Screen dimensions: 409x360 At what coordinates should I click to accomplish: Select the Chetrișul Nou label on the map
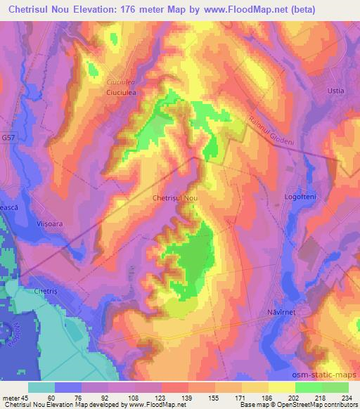175,198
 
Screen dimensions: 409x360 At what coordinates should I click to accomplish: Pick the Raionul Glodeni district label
269,128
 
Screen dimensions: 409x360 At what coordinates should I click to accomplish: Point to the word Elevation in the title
96,10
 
